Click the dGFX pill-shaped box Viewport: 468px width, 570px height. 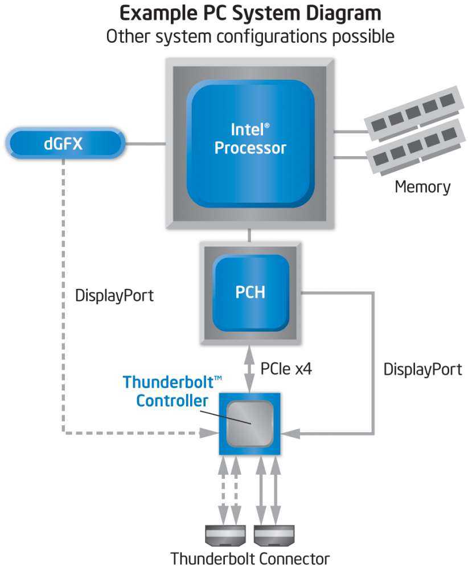64,144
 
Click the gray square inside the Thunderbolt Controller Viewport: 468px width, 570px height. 251,422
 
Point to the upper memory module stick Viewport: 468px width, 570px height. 412,112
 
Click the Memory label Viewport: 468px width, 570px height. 422,186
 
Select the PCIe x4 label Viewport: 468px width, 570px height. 286,369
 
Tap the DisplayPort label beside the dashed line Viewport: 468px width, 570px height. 114,296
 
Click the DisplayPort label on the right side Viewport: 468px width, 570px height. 422,369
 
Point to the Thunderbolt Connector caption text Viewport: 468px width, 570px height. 250,558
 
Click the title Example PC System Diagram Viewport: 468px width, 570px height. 250,13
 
